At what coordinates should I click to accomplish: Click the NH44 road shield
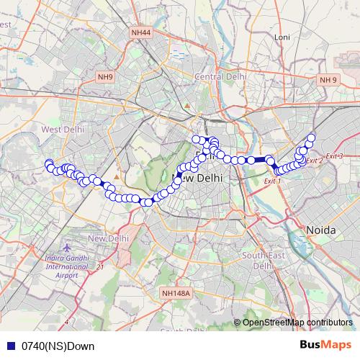click(x=142, y=32)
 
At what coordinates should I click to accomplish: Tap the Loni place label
click(x=282, y=37)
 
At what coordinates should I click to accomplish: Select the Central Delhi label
click(x=217, y=76)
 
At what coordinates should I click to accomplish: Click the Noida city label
click(x=322, y=229)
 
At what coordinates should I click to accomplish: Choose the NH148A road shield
click(x=176, y=293)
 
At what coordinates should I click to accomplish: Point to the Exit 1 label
click(x=272, y=181)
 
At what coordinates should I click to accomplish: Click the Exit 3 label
click(x=334, y=156)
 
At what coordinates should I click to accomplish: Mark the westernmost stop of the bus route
click(x=48, y=163)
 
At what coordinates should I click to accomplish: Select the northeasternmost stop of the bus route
click(x=311, y=138)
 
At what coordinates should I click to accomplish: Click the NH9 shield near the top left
click(x=105, y=76)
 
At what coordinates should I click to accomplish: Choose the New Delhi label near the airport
click(x=108, y=238)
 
